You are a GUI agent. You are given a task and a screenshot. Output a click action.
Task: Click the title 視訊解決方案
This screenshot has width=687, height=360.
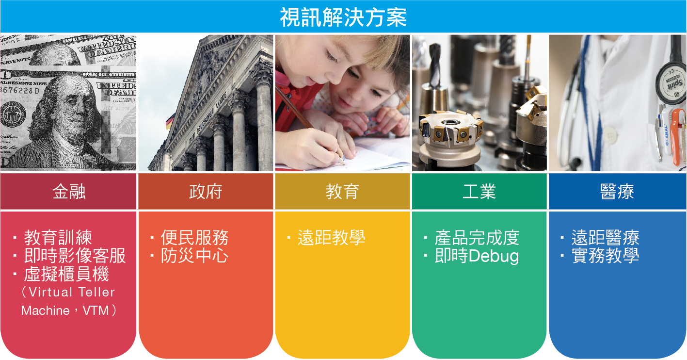tap(343, 17)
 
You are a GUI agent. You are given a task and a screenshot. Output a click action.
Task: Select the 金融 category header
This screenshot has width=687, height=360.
tap(69, 192)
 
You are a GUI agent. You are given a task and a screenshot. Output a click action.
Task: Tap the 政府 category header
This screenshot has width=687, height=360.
tap(206, 192)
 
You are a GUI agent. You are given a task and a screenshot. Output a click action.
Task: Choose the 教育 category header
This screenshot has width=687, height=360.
tap(342, 192)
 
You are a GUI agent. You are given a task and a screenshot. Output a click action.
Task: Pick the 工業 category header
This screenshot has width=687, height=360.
tap(479, 192)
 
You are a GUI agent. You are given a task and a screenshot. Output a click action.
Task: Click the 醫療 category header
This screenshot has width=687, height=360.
tap(617, 192)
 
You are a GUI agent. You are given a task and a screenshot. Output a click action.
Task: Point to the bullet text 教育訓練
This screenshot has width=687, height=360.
tap(58, 237)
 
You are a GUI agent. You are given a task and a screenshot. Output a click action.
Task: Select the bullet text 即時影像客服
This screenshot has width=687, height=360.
tap(75, 256)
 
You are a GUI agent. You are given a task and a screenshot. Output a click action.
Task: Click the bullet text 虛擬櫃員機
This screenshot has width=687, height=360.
tap(66, 274)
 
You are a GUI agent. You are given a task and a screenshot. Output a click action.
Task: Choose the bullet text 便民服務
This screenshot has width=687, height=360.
tap(195, 237)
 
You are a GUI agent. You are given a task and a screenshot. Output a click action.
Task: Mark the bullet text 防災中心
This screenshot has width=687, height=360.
tap(195, 256)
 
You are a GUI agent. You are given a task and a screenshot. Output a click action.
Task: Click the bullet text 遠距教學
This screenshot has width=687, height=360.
tap(331, 237)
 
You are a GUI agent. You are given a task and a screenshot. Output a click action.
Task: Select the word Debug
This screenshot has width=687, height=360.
tap(494, 256)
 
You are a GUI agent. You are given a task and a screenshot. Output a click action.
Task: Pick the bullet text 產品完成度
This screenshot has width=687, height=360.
tap(477, 237)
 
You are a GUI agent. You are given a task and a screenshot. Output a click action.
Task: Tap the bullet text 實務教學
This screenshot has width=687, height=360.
tap(605, 256)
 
